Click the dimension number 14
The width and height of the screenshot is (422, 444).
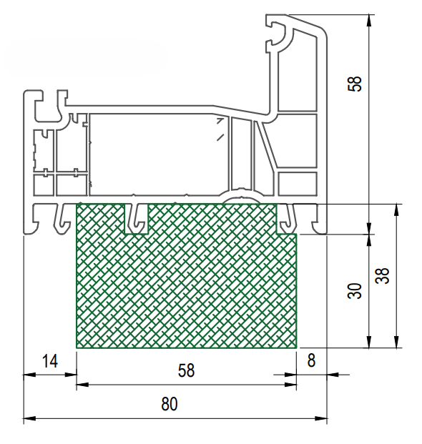(x=50, y=361)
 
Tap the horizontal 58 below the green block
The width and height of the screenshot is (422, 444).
(x=187, y=370)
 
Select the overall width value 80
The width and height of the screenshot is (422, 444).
(x=170, y=404)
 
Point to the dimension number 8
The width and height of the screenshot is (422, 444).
(x=311, y=361)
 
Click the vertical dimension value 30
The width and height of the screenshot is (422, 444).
(x=355, y=291)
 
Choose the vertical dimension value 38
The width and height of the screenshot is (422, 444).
(x=383, y=275)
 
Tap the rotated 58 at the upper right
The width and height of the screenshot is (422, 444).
(x=355, y=84)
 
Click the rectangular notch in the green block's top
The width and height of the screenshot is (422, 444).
(x=137, y=219)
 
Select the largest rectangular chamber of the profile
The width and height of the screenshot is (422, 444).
(x=159, y=154)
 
